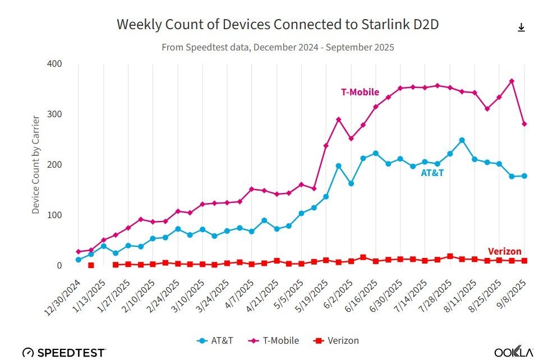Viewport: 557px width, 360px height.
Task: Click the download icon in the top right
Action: (x=521, y=27)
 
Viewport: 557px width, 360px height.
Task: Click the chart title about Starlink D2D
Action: (x=278, y=25)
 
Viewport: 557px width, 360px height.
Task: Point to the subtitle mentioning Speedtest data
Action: (x=278, y=47)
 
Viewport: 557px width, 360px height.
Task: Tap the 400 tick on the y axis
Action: (x=54, y=63)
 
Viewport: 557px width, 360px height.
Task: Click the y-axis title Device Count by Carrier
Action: (x=36, y=164)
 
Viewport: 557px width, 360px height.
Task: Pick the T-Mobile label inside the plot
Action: (x=360, y=93)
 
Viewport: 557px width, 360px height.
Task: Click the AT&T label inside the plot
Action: (x=432, y=173)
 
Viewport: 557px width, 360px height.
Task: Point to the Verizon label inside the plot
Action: (x=504, y=252)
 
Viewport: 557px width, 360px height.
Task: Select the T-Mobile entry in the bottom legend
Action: (x=273, y=340)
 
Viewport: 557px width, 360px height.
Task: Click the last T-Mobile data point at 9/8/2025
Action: (x=524, y=124)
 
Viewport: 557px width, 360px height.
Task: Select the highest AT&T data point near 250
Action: (x=462, y=140)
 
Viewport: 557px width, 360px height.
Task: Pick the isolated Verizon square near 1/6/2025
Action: (x=91, y=265)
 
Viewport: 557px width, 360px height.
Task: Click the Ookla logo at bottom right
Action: (x=513, y=352)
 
